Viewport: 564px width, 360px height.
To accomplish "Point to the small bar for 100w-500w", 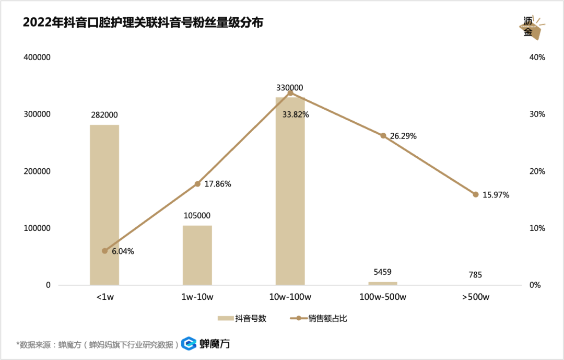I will (x=383, y=283).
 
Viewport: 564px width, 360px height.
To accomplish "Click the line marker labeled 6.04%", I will (x=104, y=251).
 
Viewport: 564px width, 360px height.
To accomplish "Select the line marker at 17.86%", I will (x=197, y=183).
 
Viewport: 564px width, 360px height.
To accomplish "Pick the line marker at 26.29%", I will (x=383, y=135).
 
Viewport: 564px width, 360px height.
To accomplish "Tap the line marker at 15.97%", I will (x=476, y=194).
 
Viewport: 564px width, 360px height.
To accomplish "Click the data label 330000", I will (x=290, y=88).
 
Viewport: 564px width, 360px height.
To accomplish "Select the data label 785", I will (x=475, y=275).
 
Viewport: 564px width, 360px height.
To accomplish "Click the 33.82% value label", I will (x=296, y=114).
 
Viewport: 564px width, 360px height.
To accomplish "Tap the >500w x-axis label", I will (x=476, y=297).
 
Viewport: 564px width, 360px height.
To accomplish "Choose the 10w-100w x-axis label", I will (x=290, y=297).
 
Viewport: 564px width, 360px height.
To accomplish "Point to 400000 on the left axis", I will (x=37, y=57).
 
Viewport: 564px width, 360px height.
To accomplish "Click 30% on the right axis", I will (x=537, y=114).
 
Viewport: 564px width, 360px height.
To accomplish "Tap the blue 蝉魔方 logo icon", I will (x=189, y=343).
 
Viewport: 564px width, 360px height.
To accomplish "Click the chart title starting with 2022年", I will (x=143, y=22).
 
